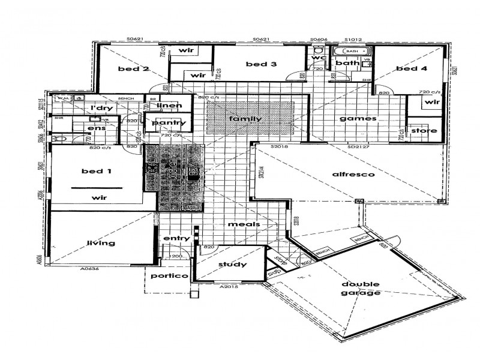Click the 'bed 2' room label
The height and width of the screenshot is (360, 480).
[x=133, y=69]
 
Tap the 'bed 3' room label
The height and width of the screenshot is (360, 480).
[x=260, y=64]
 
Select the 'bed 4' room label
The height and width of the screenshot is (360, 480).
[x=412, y=69]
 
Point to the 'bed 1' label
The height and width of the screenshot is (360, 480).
[x=97, y=171]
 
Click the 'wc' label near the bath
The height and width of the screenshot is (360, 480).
[x=319, y=58]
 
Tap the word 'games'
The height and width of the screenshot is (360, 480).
[x=358, y=119]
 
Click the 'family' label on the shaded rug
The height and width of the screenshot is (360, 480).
[x=246, y=119]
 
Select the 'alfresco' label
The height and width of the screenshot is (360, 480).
[x=353, y=175]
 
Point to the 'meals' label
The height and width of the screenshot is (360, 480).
[x=244, y=224]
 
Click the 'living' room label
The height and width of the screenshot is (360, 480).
[x=101, y=243]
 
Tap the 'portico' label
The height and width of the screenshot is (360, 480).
[x=170, y=276]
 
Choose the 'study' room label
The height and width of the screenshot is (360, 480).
[x=232, y=263]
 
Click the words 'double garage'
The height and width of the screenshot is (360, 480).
[x=361, y=289]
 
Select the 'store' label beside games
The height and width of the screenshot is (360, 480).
[x=423, y=131]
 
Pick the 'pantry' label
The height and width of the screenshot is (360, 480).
[x=169, y=123]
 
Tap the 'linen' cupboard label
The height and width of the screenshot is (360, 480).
[x=169, y=106]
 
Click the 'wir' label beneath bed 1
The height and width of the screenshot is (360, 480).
[x=99, y=197]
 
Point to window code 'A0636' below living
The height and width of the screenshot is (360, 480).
[x=89, y=269]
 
